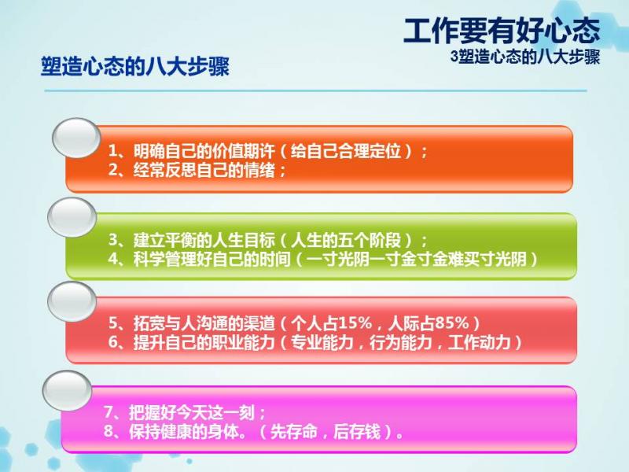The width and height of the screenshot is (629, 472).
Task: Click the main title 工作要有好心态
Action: coord(502,31)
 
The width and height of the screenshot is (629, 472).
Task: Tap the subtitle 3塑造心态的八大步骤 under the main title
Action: coord(525,57)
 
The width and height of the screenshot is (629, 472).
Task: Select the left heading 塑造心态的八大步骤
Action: coord(135,66)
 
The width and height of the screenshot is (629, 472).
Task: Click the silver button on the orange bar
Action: coord(76,138)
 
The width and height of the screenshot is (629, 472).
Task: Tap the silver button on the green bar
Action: coord(72,217)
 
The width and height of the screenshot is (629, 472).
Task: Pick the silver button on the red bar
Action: coord(72,301)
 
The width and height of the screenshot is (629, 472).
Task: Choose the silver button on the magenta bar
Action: coord(68,391)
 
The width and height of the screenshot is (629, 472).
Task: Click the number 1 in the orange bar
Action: coord(113,151)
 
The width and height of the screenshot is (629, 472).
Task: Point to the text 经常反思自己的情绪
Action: coord(204,171)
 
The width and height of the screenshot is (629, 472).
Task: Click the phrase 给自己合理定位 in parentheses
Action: coord(346,151)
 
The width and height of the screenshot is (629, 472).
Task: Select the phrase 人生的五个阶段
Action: coord(346,241)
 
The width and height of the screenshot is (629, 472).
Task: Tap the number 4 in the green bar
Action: coord(113,260)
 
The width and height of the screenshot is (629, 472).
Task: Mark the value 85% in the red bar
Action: coord(451,323)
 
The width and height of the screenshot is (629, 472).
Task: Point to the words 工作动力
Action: coord(480,342)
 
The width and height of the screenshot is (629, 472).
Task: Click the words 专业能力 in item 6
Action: coord(322,342)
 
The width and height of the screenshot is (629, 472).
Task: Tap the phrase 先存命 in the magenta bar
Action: coord(293,432)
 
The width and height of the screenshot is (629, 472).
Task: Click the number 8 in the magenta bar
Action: coord(109,432)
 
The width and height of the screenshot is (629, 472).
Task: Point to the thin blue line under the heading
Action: coord(316,90)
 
